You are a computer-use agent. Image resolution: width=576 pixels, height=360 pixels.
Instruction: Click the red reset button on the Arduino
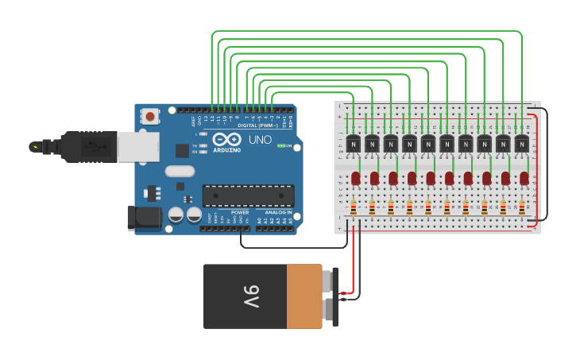(x=150, y=117)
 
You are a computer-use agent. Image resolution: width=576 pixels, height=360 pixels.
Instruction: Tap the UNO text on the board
(x=261, y=140)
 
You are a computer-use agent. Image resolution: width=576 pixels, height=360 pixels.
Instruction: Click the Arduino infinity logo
(x=226, y=139)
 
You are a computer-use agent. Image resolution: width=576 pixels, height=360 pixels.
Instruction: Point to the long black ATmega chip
(x=248, y=195)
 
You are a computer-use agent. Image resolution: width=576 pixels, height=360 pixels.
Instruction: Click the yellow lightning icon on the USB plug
(x=35, y=146)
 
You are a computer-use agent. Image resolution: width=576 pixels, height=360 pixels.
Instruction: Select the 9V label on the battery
(x=250, y=296)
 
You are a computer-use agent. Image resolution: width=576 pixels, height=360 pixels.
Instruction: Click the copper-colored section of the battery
(x=304, y=296)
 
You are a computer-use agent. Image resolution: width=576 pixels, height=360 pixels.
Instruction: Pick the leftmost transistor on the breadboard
(x=353, y=143)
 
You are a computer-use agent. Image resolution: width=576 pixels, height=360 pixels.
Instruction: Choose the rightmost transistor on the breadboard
(x=521, y=143)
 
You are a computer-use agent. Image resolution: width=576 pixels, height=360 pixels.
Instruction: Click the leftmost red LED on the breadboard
(x=355, y=178)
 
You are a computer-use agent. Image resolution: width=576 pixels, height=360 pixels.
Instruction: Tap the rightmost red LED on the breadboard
(x=524, y=178)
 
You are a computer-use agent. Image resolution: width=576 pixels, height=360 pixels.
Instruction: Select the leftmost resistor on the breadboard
(x=353, y=207)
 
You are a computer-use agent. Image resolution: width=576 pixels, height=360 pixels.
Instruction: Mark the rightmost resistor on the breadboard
(x=521, y=207)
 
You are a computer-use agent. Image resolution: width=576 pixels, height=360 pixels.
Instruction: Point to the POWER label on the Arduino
(x=239, y=212)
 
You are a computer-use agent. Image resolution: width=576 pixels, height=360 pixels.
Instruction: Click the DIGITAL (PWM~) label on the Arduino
(x=257, y=125)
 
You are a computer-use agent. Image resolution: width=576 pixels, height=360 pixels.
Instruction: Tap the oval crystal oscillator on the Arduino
(x=180, y=171)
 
